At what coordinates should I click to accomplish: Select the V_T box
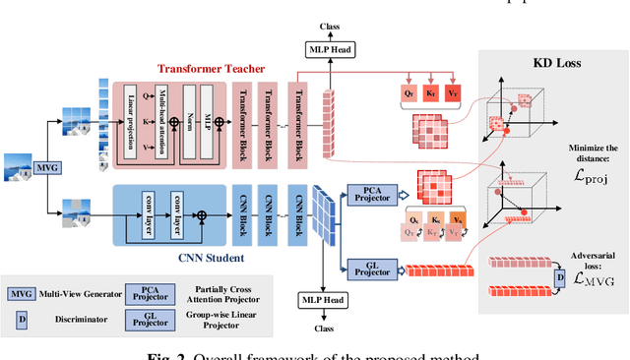[454, 92]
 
